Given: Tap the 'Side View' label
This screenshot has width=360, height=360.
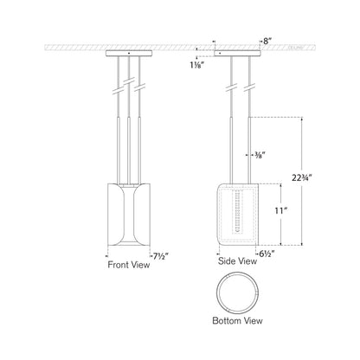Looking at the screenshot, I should [x=238, y=259].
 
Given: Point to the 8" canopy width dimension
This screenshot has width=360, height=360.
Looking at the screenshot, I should [x=249, y=40].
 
